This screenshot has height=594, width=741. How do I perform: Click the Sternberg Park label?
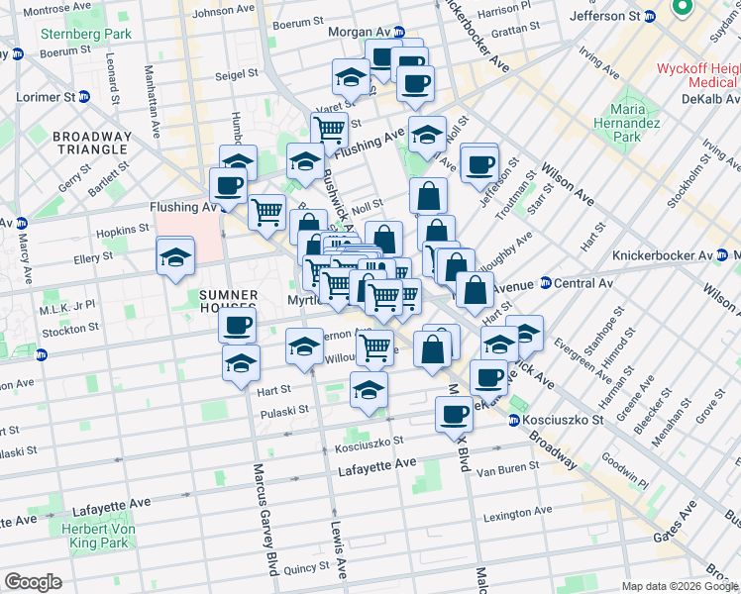click(71, 34)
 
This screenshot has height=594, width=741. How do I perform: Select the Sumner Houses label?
click(229, 295)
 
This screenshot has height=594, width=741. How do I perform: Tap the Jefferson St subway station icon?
click(649, 17)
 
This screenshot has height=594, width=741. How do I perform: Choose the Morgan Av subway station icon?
click(398, 32)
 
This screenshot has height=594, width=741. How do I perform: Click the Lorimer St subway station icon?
click(84, 97)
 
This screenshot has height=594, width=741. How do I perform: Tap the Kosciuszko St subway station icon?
click(514, 420)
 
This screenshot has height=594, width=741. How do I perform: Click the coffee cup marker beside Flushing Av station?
click(228, 185)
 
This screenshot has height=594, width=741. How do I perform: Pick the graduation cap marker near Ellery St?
click(175, 257)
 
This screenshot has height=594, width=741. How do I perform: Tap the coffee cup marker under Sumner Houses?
click(237, 325)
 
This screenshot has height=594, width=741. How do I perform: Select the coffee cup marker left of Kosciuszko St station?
click(454, 414)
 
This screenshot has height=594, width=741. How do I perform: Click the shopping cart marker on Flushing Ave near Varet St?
click(329, 128)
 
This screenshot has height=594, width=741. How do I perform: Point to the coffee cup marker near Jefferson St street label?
click(479, 164)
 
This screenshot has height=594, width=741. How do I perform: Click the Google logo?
click(33, 582)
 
